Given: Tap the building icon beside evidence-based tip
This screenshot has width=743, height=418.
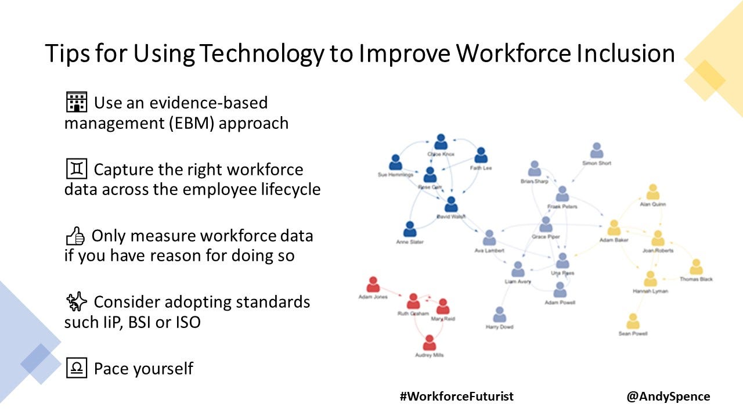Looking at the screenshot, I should (x=76, y=102).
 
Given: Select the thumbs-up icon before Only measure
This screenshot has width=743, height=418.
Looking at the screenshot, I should (x=76, y=236).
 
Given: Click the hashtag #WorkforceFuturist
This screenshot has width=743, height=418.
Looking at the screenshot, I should (x=457, y=397).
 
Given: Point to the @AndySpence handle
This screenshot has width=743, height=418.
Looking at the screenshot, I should (x=668, y=397).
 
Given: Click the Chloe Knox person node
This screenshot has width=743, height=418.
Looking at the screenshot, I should (x=441, y=142).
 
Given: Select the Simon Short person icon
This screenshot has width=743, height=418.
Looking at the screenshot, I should (x=597, y=151).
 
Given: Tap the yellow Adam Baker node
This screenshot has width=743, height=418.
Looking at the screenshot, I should (x=614, y=228).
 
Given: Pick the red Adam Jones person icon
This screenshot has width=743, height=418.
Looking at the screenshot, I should (x=373, y=284).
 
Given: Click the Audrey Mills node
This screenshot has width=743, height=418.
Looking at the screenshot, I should (x=429, y=343).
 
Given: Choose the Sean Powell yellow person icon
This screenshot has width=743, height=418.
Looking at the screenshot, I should (x=633, y=321).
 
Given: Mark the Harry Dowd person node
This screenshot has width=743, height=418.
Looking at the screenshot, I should (x=499, y=315).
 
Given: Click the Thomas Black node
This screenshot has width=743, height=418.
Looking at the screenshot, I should (x=696, y=267).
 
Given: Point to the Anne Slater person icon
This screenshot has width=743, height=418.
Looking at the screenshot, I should (x=410, y=229).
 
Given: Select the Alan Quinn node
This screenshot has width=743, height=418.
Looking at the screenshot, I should (x=653, y=192).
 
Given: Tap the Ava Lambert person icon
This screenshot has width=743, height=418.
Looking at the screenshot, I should (x=489, y=238).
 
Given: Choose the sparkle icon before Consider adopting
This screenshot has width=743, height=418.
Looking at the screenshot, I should (x=76, y=301).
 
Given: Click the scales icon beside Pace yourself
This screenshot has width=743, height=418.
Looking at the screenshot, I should (x=76, y=368).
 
